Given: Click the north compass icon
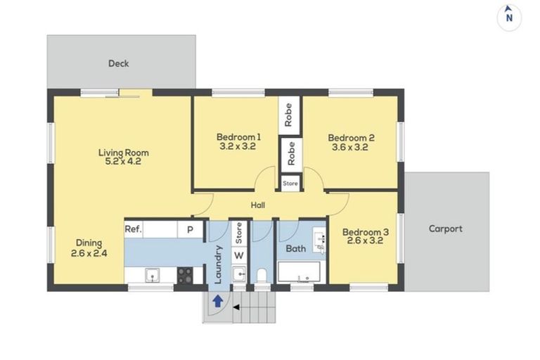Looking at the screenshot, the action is [509, 18].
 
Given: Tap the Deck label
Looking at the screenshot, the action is [118, 63].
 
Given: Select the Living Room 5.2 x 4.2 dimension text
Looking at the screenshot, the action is [123, 161].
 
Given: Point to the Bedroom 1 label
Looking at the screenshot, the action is [238, 137].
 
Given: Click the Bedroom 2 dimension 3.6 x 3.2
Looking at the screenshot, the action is [350, 147].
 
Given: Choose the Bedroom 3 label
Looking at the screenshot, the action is [366, 232].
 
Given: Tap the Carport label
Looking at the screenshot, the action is [445, 229].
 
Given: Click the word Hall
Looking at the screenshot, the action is [257, 205].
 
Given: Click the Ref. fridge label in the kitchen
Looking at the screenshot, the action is [134, 229].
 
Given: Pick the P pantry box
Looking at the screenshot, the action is [190, 229].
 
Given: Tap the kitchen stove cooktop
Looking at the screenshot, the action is [185, 276].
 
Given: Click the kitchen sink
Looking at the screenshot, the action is [152, 276].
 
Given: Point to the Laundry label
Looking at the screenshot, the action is [218, 264].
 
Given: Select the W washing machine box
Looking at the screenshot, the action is [239, 255].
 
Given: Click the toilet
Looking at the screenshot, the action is [262, 276].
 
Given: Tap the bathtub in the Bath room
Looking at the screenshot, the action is [299, 272].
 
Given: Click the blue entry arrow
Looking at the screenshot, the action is [217, 301].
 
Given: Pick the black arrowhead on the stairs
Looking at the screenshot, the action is [236, 307].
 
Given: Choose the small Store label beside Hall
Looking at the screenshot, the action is [290, 184].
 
